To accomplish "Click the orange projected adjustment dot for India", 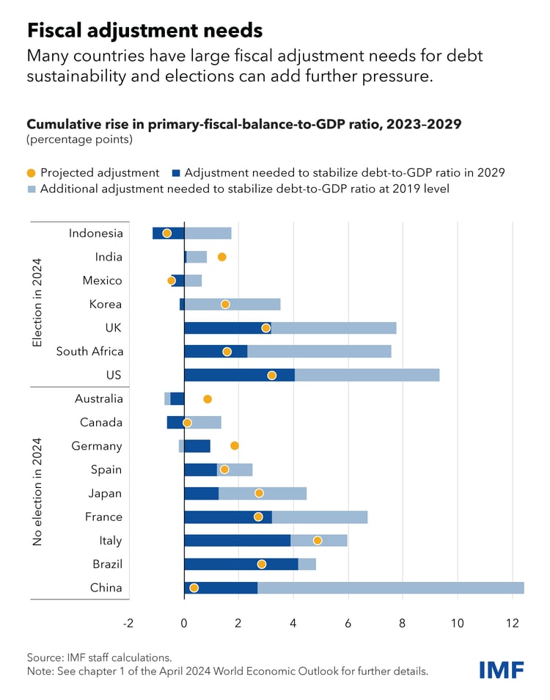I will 221,257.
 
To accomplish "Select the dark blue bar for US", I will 239,375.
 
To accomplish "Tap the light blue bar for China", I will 390,588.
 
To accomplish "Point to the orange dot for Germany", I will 235,445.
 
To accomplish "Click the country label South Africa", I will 89,351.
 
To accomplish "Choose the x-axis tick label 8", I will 403,623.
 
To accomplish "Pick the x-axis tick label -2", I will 129,623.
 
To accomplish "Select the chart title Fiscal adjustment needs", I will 144,30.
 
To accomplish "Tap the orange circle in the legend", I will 31,173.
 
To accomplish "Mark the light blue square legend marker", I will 31,189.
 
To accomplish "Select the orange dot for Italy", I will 318,540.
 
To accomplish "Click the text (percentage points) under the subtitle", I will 79,139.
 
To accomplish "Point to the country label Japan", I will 104,493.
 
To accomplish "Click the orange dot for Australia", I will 208,398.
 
